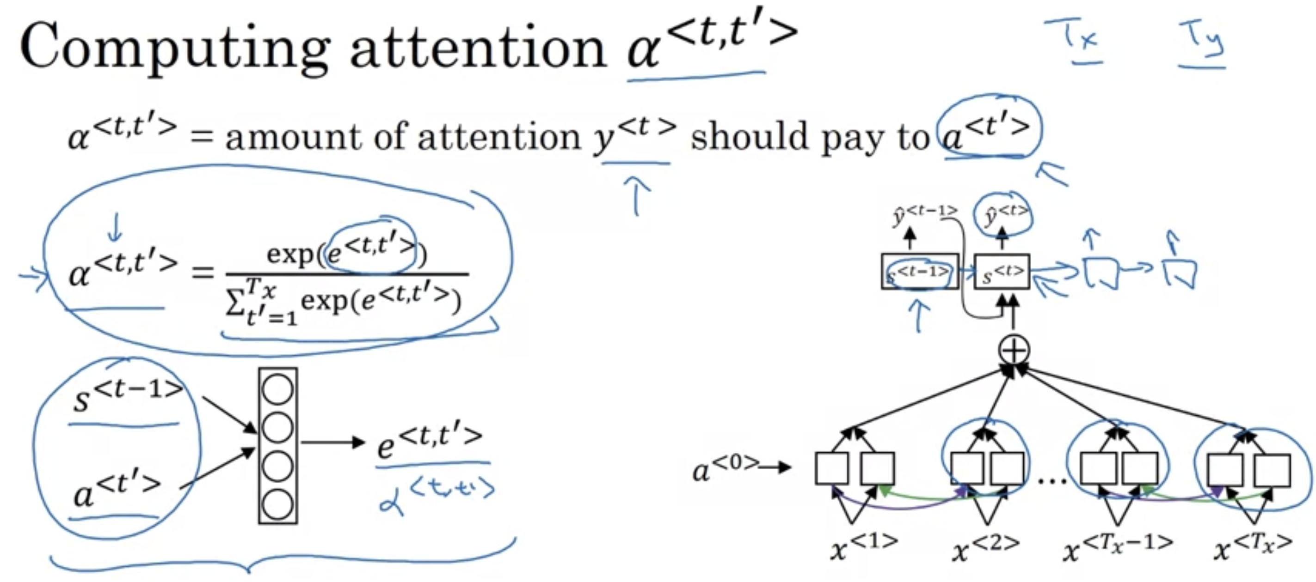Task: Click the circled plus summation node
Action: pyautogui.click(x=1014, y=350)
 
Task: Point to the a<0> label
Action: pyautogui.click(x=726, y=469)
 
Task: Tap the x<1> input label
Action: pyautogui.click(x=863, y=547)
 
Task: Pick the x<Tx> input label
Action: pyautogui.click(x=1253, y=547)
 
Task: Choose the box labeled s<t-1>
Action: pyautogui.click(x=920, y=272)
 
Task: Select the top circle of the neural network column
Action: pyautogui.click(x=277, y=390)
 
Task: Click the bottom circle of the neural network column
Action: pyautogui.click(x=277, y=504)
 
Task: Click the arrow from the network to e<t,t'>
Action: pyautogui.click(x=332, y=442)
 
